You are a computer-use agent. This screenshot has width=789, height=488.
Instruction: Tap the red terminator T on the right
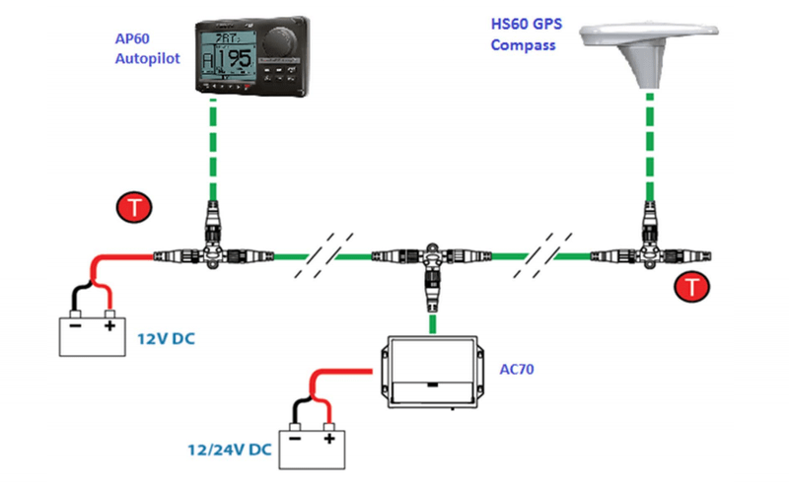[x=694, y=288]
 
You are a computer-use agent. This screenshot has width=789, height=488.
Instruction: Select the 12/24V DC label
[x=228, y=450]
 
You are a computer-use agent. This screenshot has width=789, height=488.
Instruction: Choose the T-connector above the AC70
[x=431, y=260]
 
